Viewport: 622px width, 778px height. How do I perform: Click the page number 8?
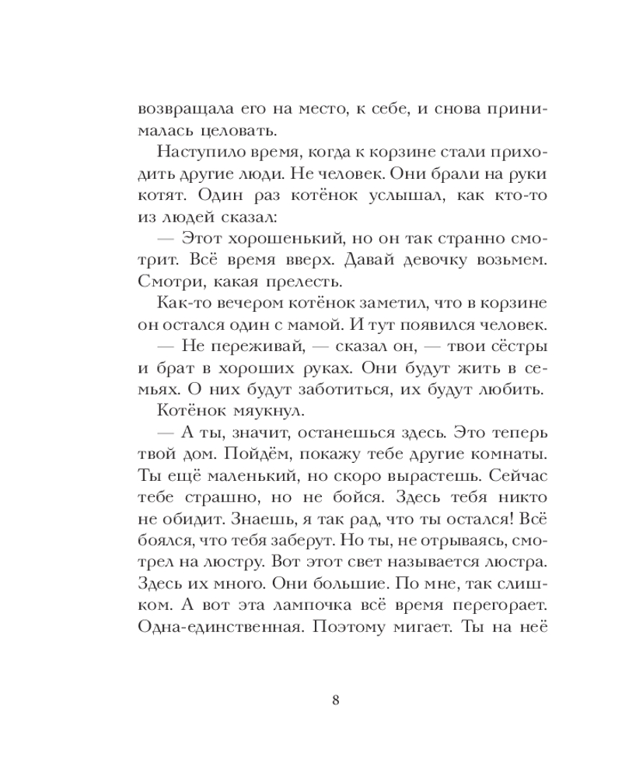[x=335, y=699]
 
